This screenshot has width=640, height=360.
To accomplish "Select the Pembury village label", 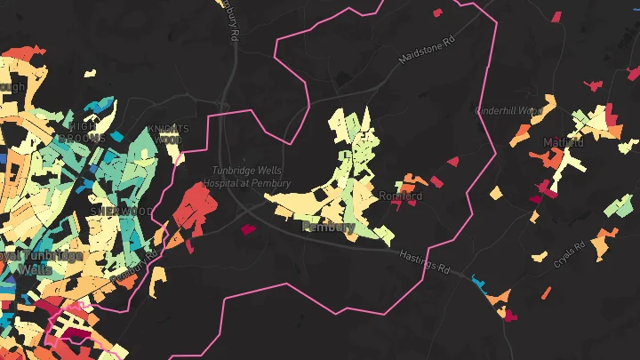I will point(328,227).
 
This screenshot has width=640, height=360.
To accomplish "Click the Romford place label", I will point(400,196).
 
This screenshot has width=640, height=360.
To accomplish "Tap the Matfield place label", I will point(563,142).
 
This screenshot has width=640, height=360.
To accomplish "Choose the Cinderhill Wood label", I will point(509,111).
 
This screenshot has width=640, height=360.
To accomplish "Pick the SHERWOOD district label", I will point(121,211).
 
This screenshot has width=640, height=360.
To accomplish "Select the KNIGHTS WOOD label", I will point(168,133).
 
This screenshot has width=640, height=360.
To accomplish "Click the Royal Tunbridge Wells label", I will point(40,261).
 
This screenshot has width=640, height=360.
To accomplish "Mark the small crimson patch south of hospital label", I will point(248,228).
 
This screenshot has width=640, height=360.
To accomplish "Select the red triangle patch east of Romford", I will point(452,162).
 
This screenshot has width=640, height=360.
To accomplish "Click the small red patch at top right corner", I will point(556,16).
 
